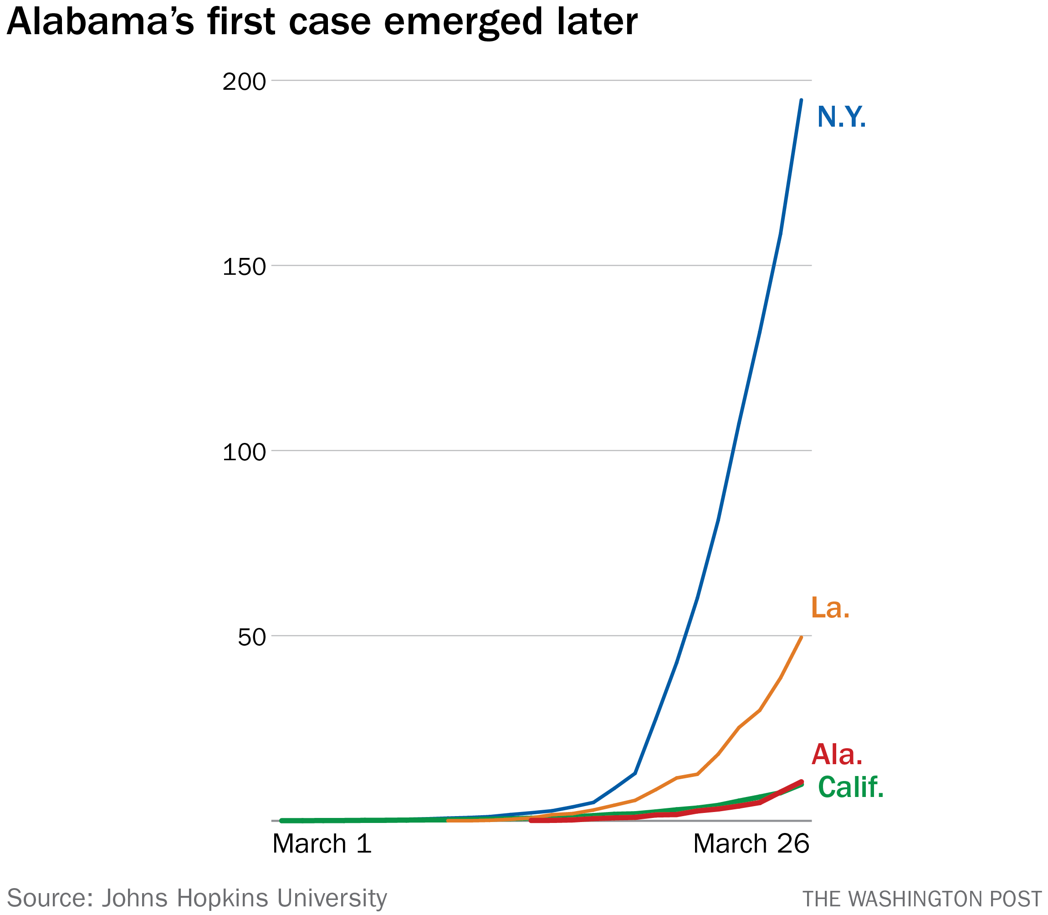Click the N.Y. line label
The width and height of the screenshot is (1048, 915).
pos(841,117)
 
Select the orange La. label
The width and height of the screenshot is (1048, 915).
pos(830,607)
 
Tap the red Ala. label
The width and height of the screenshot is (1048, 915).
pos(837,754)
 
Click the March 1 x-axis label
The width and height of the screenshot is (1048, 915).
pos(322,844)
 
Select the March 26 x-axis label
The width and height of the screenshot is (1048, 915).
pos(751,844)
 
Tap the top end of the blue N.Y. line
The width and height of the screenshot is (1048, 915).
pos(801,100)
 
